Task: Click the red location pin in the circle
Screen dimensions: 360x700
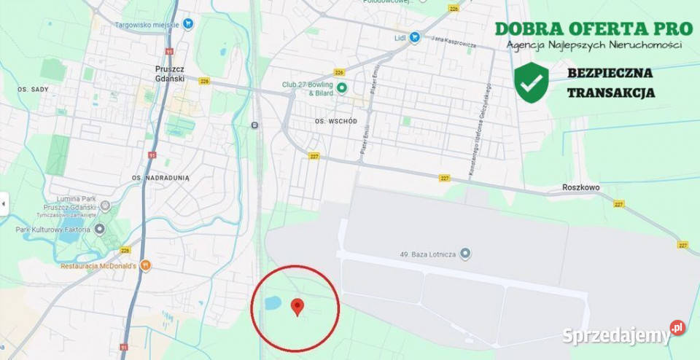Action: click(297, 307)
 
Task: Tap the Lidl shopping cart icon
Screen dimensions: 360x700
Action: click(414, 37)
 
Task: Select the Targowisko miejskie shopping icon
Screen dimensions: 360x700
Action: click(188, 23)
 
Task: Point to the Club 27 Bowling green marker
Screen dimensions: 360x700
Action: click(341, 88)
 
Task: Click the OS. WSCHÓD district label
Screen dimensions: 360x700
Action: click(335, 121)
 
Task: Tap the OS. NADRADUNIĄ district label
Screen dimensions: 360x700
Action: click(160, 177)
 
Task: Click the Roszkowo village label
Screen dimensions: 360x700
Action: click(580, 187)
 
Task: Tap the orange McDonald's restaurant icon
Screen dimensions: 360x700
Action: click(145, 265)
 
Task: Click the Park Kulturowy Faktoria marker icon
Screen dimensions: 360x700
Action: click(99, 230)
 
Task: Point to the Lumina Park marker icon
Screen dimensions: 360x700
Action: click(105, 206)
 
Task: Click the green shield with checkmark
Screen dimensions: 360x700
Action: click(531, 81)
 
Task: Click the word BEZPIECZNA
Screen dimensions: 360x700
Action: click(610, 73)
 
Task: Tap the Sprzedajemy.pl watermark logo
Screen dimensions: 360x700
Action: click(623, 334)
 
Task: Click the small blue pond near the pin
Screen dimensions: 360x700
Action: click(271, 302)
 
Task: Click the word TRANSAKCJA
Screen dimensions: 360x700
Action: click(610, 93)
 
